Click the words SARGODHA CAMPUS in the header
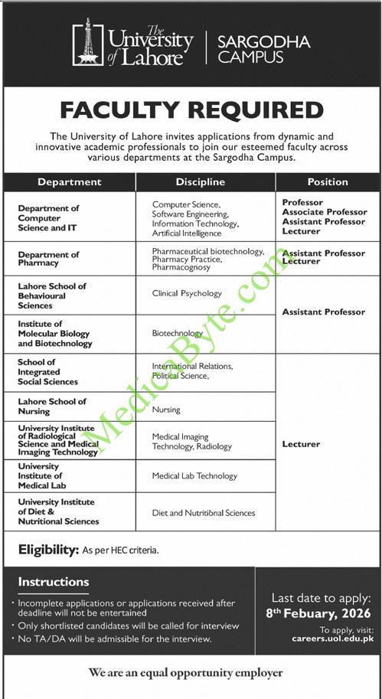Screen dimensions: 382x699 click(x=263, y=49)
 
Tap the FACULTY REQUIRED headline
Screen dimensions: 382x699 click(x=191, y=109)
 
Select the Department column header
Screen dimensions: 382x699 click(x=69, y=182)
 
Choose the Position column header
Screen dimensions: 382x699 click(x=328, y=182)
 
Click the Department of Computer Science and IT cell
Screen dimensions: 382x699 click(x=49, y=217)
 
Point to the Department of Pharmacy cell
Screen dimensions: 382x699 click(x=49, y=259)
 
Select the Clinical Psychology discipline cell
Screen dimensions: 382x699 click(x=187, y=293)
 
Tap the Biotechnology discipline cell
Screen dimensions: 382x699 click(x=178, y=334)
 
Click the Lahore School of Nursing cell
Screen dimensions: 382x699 click(x=52, y=406)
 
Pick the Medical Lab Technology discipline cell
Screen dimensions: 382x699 click(x=194, y=476)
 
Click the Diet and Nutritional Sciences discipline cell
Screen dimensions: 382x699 click(x=203, y=513)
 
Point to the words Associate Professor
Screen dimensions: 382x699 click(x=325, y=212)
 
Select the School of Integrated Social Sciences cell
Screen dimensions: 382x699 click(x=47, y=371)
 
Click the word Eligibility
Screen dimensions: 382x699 click(x=49, y=550)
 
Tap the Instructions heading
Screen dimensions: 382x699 click(x=54, y=582)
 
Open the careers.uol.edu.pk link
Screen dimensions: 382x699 click(x=332, y=638)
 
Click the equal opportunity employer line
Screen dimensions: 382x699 click(x=185, y=673)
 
